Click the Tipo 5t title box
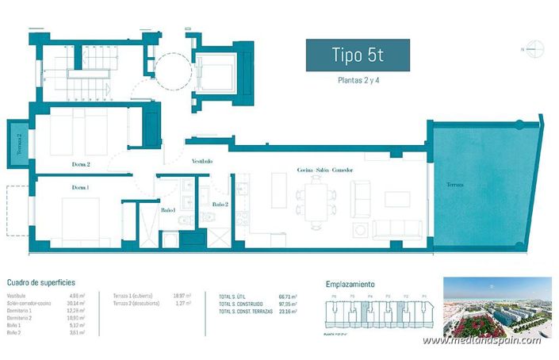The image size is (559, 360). click(358, 56)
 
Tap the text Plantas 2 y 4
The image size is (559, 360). click(358, 80)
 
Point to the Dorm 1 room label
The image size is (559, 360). click(80, 187)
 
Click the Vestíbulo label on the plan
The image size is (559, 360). click(202, 161)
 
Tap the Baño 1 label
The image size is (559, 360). click(167, 211)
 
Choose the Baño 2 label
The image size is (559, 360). click(220, 204)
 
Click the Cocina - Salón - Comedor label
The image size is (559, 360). click(324, 170)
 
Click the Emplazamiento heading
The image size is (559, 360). click(350, 283)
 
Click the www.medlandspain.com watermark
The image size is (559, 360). click(481, 340)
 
